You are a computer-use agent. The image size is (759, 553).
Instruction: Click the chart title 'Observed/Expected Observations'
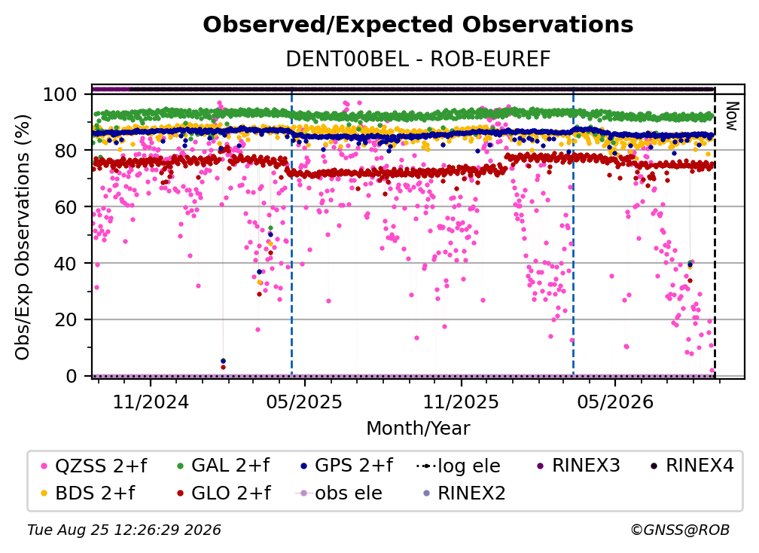point(418,25)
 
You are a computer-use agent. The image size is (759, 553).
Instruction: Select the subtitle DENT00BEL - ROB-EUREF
point(418,59)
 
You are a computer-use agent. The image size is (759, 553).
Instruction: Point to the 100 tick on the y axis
point(60,94)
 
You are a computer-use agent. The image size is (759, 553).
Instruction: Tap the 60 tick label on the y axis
point(66,206)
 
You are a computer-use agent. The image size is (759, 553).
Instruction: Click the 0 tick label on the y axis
point(72,376)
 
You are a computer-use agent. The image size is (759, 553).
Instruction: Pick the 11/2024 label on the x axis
point(151,402)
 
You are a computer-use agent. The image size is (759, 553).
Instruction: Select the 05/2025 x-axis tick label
point(304,402)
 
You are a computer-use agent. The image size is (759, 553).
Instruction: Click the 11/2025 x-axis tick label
point(461,402)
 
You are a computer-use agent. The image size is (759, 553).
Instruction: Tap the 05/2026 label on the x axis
point(614,402)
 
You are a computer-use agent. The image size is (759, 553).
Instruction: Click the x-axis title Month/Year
point(418,428)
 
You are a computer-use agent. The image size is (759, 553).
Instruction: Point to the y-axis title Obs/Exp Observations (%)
point(23,237)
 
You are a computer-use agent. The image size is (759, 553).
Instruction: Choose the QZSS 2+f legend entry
point(94,466)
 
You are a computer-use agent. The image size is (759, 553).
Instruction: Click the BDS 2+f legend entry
point(88,493)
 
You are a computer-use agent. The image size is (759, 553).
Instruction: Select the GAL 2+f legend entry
point(223,466)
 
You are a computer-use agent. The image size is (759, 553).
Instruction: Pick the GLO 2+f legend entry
point(224,493)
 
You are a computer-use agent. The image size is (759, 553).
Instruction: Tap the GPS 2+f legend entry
point(346,466)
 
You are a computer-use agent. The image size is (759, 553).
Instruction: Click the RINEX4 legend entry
point(692,466)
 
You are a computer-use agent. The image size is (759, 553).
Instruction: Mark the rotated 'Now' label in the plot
point(731,116)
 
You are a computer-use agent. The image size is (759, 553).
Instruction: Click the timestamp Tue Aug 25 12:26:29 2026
point(124,530)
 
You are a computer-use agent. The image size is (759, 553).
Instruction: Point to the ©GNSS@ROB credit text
point(680,530)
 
